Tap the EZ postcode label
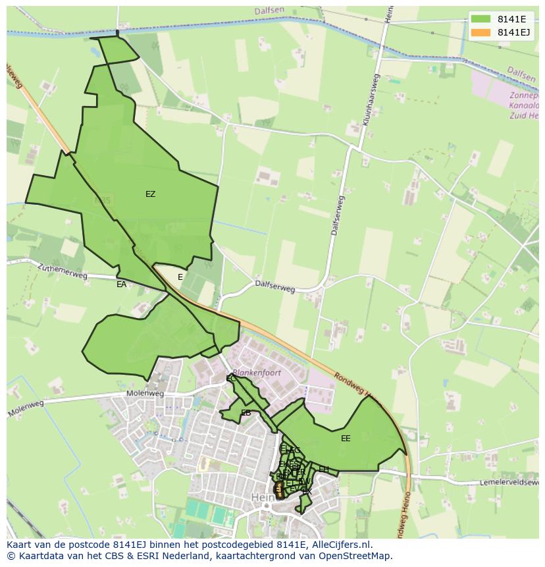(151, 194)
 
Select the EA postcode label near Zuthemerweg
(121, 284)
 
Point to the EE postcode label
(346, 439)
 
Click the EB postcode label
(246, 414)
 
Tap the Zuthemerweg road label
(62, 272)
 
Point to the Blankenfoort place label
(257, 373)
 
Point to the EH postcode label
(324, 470)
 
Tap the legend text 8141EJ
(514, 32)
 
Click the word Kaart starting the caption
(20, 545)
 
